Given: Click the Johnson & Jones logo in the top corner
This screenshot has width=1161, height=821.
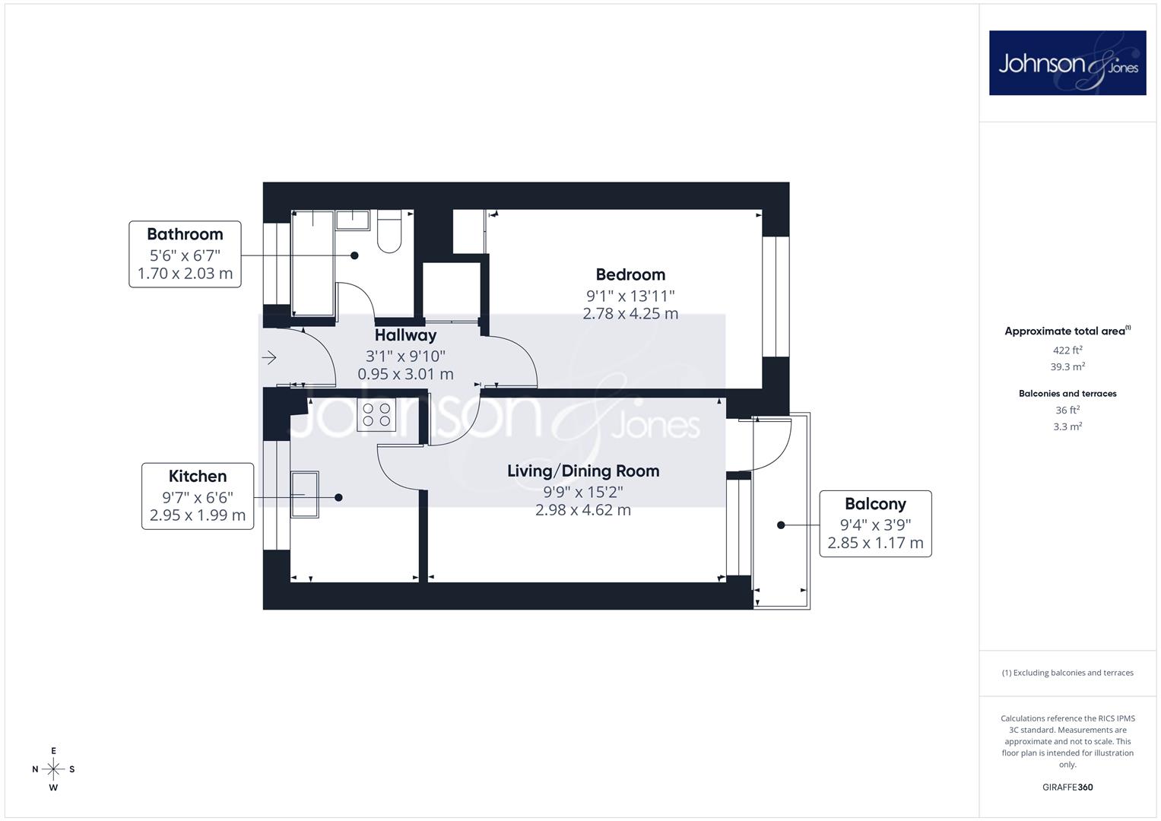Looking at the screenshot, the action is (1067, 62).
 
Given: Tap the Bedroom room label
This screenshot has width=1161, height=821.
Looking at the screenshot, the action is (630, 274).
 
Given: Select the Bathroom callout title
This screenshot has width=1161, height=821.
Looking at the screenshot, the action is (185, 234).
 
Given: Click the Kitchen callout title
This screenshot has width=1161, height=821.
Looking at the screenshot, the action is (198, 476).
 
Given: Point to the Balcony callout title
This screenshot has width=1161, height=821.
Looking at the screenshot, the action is (875, 504).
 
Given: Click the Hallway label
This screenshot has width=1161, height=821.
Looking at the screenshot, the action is (405, 335).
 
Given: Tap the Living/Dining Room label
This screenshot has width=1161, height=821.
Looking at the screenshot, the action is (583, 471).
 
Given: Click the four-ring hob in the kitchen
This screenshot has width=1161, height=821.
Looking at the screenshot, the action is (376, 414).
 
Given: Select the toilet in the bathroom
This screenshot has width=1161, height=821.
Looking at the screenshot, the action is (389, 231).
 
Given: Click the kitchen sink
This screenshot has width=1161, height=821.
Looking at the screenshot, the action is (304, 494).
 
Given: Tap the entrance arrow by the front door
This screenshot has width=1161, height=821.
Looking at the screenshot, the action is (269, 357).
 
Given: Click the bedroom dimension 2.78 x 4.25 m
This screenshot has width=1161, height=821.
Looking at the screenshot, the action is (630, 313).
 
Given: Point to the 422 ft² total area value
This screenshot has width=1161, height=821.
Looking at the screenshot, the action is (1067, 350).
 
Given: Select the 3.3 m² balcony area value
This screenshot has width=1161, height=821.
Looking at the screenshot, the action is (1067, 426).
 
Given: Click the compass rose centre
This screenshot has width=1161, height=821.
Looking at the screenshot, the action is (53, 769).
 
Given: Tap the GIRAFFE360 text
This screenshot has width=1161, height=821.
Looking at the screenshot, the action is (1067, 787).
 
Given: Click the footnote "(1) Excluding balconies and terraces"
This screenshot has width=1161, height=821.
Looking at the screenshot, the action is (1067, 673).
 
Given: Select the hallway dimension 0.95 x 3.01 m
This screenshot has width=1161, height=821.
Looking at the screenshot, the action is (405, 374).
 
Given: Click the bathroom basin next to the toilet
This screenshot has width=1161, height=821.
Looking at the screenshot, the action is (353, 220).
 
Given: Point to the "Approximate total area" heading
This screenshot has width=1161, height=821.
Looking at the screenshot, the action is (1067, 331).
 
